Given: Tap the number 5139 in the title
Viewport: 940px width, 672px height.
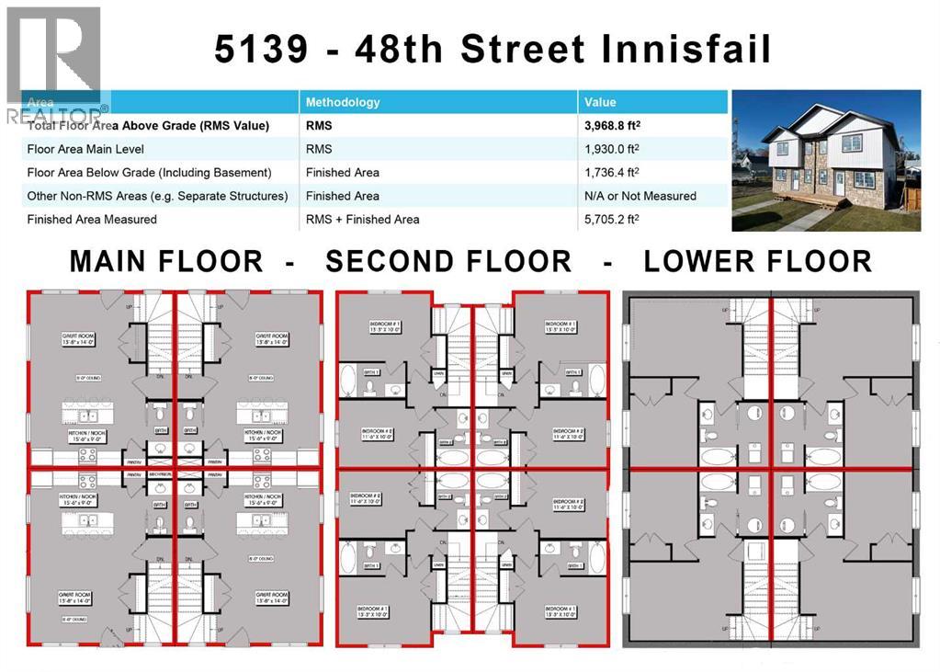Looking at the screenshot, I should click(261, 49).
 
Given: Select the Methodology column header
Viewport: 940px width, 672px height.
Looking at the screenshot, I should click(342, 102).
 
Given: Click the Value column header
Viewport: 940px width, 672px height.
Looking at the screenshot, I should click(600, 102).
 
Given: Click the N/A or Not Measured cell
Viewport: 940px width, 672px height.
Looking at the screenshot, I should click(640, 196).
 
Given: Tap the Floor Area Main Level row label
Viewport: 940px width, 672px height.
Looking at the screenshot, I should click(85, 149).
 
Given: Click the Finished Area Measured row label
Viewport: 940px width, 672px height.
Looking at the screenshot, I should click(92, 219).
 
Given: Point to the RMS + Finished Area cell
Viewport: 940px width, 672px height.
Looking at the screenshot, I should click(362, 219).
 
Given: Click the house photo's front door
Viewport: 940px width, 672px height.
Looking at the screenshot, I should click(839, 183).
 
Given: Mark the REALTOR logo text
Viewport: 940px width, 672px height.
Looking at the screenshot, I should click(55, 117).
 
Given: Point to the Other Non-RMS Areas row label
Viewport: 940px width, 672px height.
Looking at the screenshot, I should click(157, 196).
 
